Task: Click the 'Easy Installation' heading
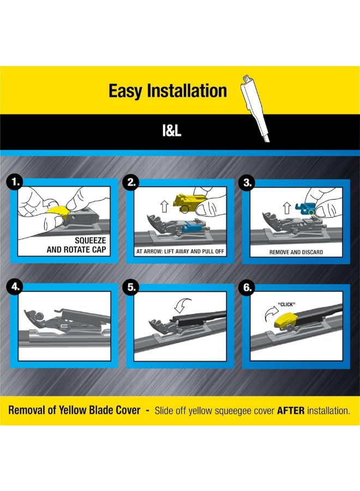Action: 167,91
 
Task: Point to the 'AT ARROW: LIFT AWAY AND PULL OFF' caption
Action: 180,253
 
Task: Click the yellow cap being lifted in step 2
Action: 189,203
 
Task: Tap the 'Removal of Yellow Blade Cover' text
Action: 73,411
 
